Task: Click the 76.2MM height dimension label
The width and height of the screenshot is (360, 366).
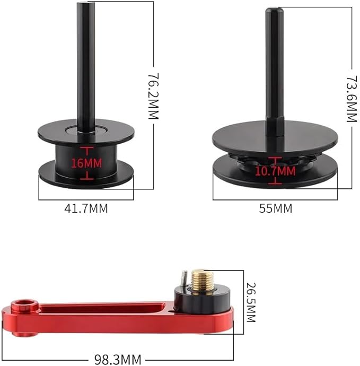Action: (x=154, y=96)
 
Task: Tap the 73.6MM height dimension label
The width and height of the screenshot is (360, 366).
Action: (x=352, y=99)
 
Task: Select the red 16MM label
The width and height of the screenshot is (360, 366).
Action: (x=86, y=163)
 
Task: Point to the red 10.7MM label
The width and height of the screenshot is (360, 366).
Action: (x=275, y=171)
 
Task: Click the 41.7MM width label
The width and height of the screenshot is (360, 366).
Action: (x=86, y=208)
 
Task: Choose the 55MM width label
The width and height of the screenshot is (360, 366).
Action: (x=275, y=208)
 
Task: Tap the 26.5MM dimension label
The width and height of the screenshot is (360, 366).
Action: (x=251, y=302)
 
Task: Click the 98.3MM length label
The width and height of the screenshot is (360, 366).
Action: (x=118, y=360)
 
